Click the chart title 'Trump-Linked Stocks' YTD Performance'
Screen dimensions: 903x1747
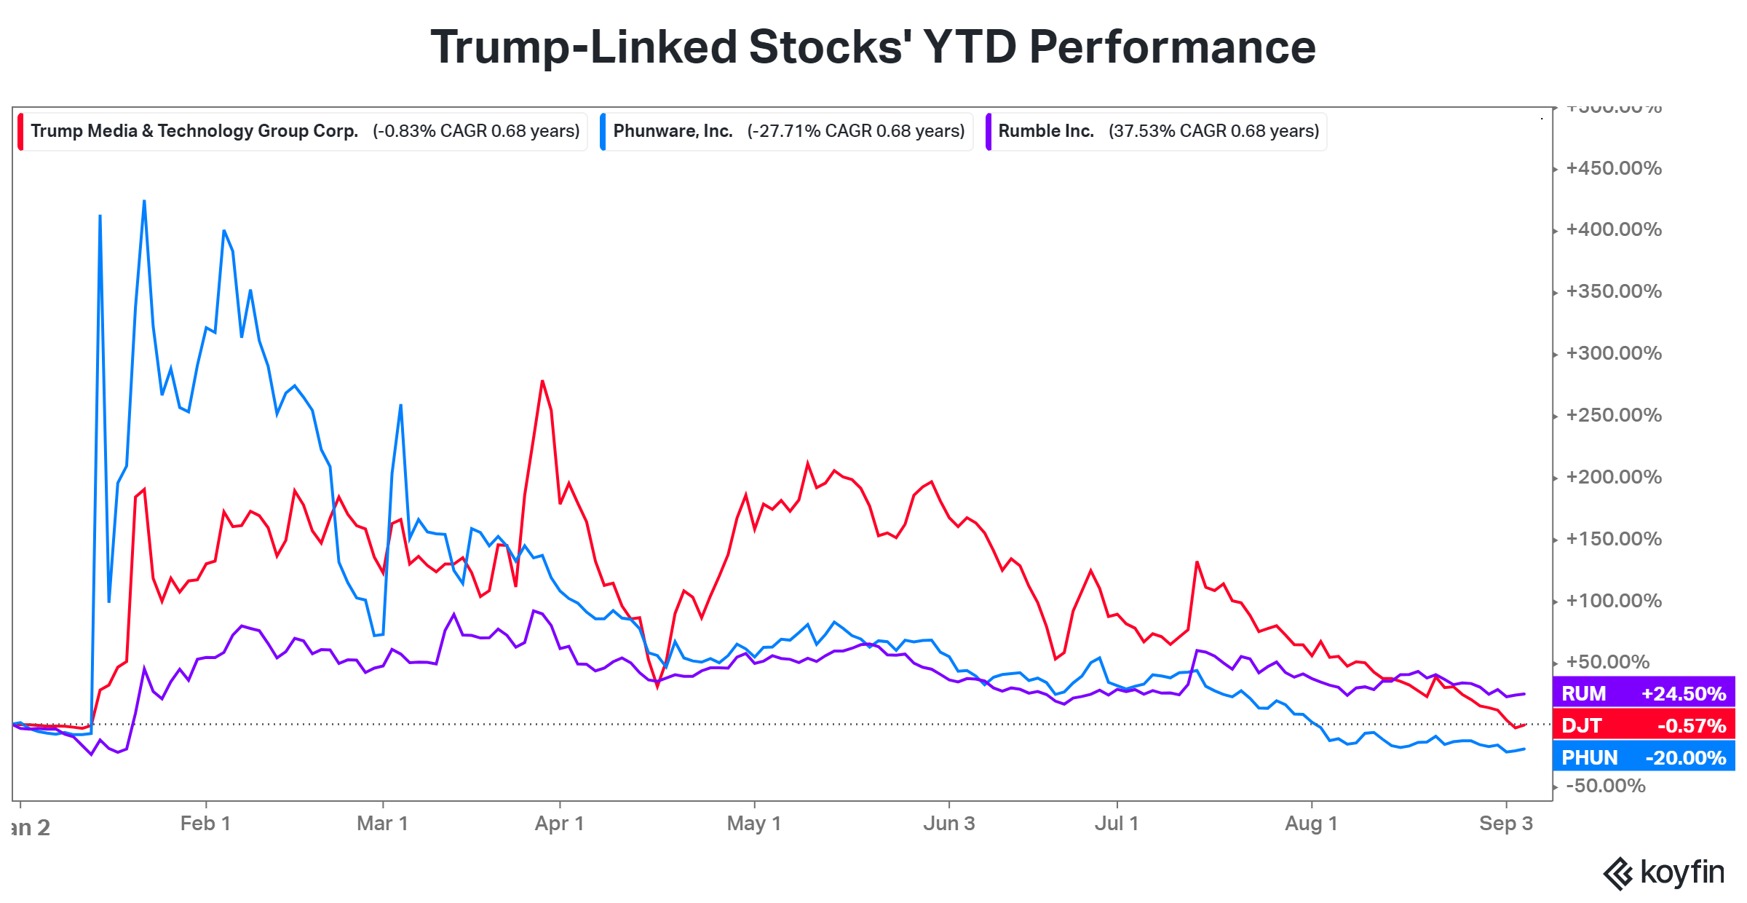873,47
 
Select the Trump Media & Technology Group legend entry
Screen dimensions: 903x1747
304,131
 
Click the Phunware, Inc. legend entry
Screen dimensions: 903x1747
788,131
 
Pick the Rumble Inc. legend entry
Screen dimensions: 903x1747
1157,131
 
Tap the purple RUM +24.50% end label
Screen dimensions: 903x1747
1644,693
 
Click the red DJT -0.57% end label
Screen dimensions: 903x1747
1644,725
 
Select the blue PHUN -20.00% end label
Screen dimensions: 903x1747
1644,757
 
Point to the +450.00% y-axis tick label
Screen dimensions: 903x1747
1614,168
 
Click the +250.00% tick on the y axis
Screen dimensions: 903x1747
1614,415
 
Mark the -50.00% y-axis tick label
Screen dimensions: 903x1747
1606,786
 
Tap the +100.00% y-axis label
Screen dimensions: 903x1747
1614,601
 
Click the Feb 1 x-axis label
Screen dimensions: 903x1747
205,824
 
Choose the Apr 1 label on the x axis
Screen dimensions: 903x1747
559,824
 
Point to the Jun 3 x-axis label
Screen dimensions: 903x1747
948,824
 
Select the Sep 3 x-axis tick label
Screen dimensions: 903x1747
1505,824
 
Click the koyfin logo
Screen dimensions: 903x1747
1664,872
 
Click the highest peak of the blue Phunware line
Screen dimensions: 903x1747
144,201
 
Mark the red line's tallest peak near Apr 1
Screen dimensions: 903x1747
542,381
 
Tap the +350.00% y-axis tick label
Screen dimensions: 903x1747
1614,291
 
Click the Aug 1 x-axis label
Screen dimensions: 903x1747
1311,824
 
